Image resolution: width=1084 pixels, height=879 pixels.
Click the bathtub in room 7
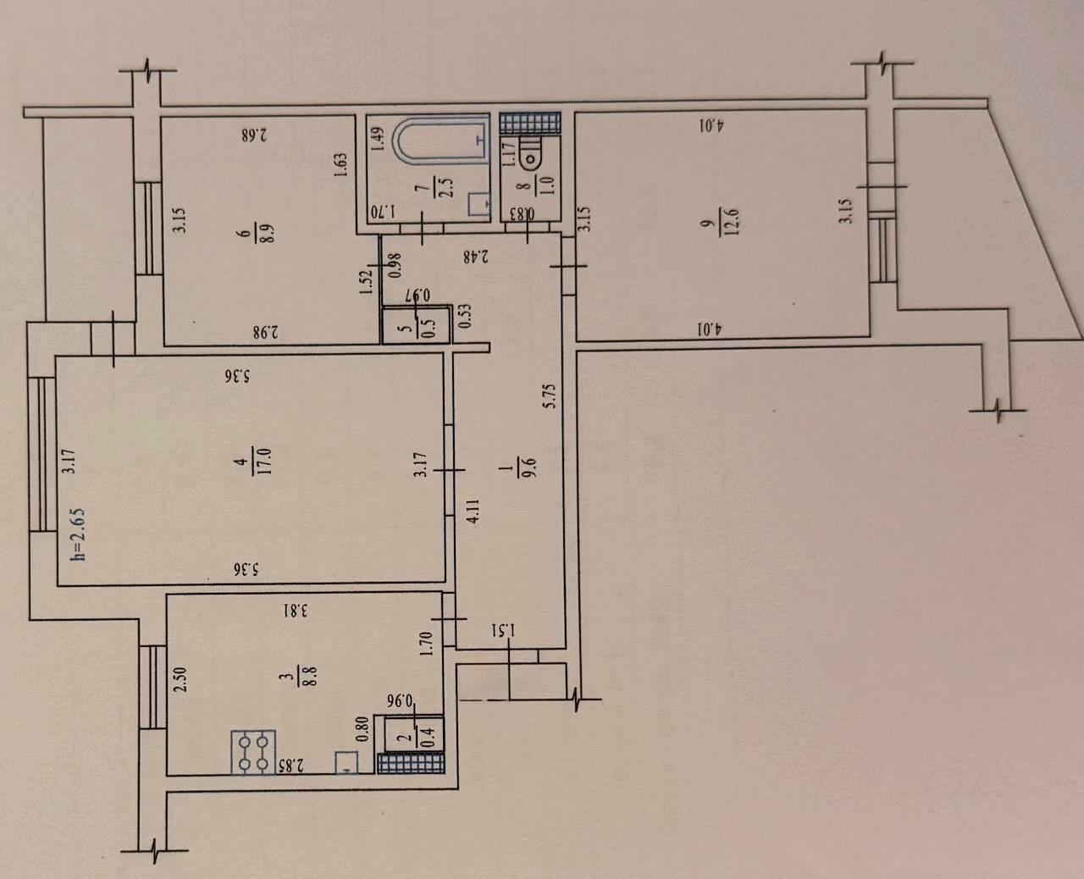(x=441, y=143)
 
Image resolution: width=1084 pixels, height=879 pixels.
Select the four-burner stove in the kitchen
(x=253, y=752)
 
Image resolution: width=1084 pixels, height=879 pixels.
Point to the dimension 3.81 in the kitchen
(x=296, y=610)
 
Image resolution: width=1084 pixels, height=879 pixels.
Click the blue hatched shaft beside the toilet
(x=530, y=123)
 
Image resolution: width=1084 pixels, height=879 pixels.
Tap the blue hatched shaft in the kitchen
(x=412, y=764)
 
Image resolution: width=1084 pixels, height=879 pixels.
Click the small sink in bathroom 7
(x=478, y=205)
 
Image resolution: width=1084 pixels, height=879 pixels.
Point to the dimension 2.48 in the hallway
(x=476, y=257)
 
